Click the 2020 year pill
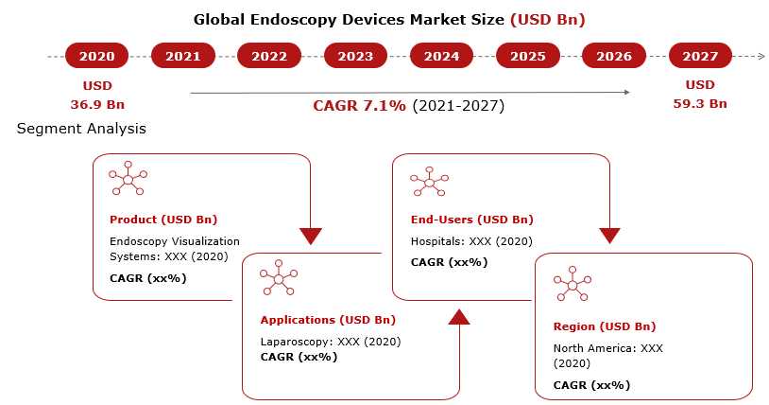(96, 56)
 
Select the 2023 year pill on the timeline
(355, 56)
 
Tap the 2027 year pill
(700, 56)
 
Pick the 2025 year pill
(528, 56)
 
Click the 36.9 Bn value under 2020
(97, 105)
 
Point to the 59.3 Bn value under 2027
(700, 104)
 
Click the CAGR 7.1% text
(360, 106)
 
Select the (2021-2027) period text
(458, 106)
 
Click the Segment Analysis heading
(81, 129)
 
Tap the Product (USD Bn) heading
(163, 220)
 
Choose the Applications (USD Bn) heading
(328, 320)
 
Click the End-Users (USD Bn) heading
(471, 220)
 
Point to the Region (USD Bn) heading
(605, 326)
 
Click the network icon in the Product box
(128, 179)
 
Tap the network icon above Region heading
(572, 284)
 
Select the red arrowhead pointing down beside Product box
(311, 236)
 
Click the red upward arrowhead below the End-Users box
(459, 317)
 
